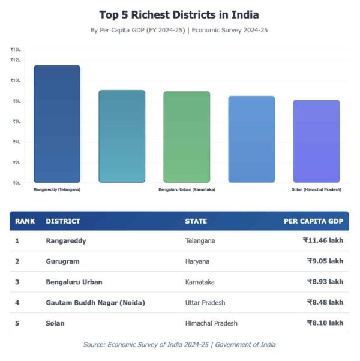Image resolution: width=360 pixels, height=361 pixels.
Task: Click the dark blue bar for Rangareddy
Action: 57,124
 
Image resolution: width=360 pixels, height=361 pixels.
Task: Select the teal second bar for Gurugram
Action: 122,136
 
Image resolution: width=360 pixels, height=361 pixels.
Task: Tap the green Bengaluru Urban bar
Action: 187,137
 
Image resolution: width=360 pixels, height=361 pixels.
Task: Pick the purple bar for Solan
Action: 316,141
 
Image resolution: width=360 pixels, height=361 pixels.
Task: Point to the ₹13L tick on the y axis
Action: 16,50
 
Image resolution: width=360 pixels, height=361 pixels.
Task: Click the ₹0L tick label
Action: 16,183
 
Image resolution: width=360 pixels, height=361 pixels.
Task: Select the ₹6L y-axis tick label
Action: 16,121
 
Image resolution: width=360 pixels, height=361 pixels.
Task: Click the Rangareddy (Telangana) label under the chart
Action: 57,189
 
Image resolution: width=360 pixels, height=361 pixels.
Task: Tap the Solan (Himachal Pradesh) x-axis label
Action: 316,189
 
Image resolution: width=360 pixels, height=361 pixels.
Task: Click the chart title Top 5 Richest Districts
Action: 179,14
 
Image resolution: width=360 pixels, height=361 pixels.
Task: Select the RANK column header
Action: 25,221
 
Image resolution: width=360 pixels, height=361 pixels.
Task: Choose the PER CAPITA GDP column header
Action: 313,221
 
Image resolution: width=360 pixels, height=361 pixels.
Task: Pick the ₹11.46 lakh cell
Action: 323,240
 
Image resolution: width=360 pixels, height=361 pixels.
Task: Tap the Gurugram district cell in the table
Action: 62,261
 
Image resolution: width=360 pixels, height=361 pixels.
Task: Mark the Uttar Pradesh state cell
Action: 207,302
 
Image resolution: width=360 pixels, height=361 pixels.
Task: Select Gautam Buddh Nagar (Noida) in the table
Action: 95,302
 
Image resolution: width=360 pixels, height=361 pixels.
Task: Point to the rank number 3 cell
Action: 17,282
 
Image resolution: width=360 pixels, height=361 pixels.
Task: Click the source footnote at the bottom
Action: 179,344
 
